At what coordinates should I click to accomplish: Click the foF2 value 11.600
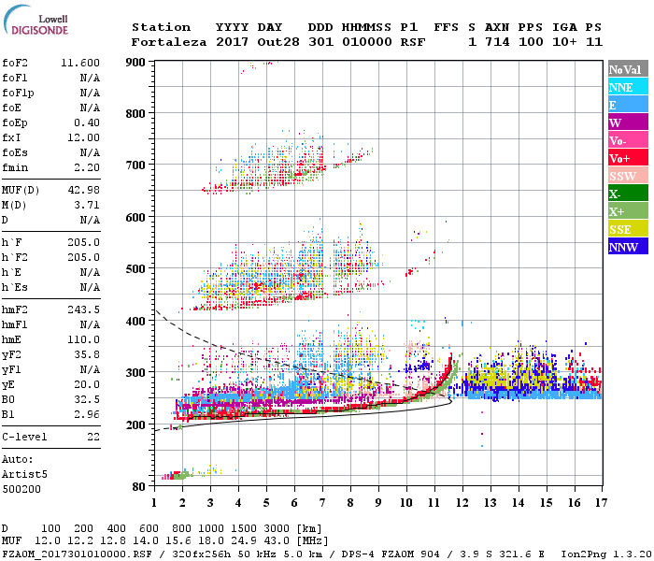point(80,62)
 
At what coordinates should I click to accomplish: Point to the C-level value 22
point(92,436)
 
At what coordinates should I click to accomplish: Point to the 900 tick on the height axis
point(136,62)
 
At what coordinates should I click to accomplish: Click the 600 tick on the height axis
point(136,217)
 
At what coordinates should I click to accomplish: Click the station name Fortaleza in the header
point(169,42)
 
